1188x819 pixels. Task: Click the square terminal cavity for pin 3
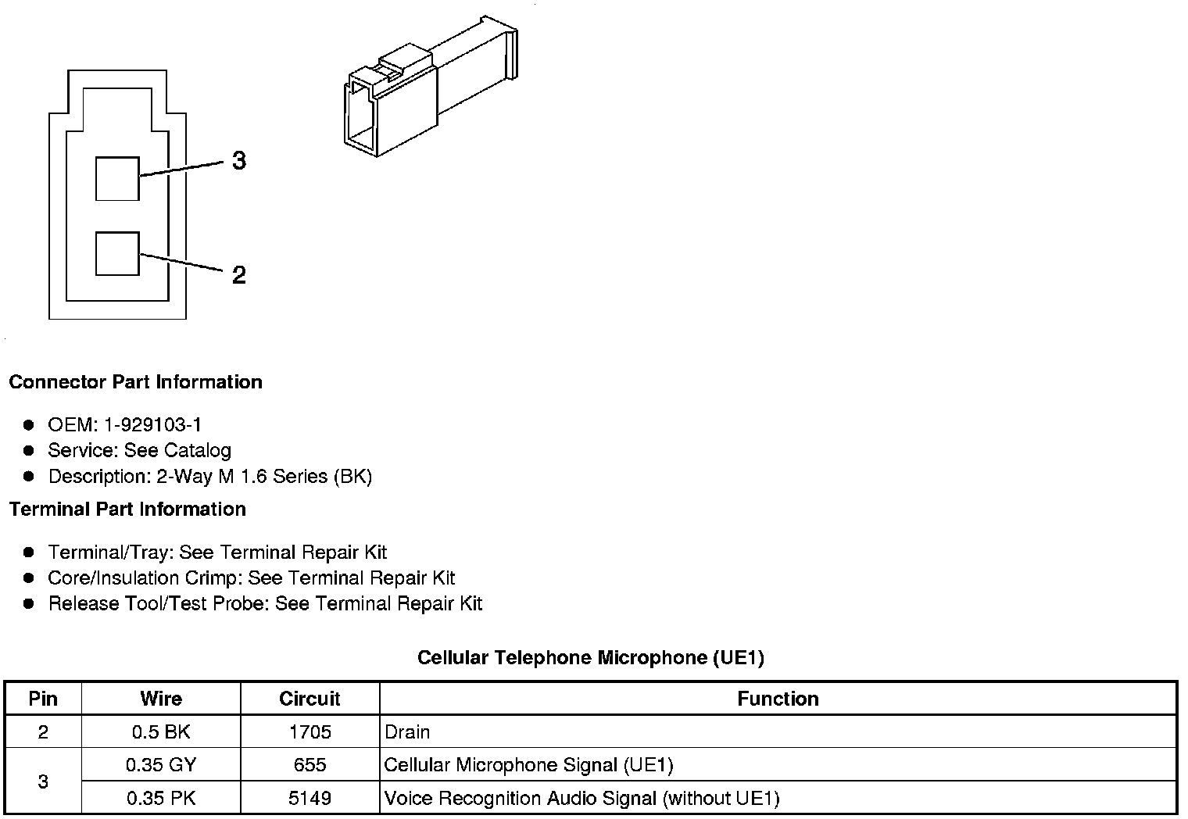pos(117,178)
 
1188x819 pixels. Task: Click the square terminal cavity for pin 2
pos(117,253)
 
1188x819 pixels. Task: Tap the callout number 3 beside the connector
pos(239,160)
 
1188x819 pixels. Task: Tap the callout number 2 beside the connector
pos(239,275)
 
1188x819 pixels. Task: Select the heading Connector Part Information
pos(135,382)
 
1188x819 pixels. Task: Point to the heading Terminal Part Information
pos(127,510)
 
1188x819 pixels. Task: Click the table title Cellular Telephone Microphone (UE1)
pos(590,657)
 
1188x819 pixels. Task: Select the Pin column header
pos(43,699)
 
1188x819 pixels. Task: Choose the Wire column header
pos(161,699)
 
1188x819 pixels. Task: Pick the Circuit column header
pos(310,699)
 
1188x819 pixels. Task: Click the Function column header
pos(778,699)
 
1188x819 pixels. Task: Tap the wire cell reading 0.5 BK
pos(161,732)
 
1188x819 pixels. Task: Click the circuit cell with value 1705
pos(310,732)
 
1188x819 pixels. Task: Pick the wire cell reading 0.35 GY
pos(161,765)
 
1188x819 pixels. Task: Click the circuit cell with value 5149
pos(310,799)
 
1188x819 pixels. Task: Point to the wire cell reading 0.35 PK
pos(161,799)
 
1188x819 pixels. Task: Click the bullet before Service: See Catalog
pos(29,451)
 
